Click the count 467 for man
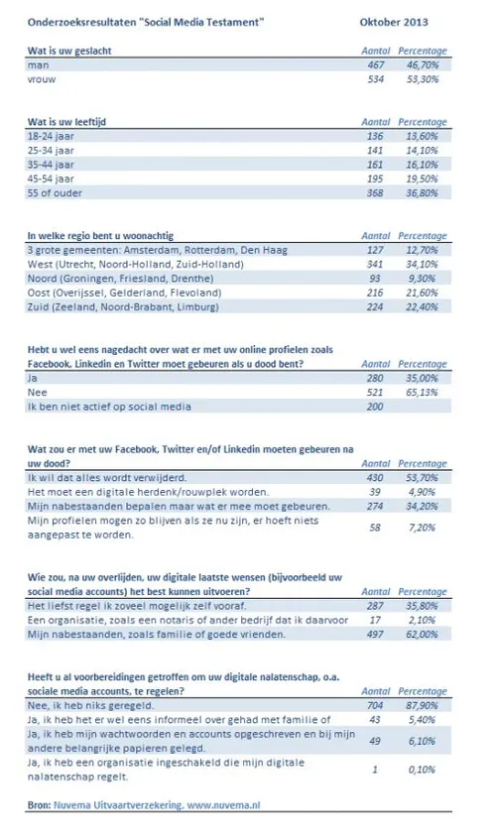pos(373,62)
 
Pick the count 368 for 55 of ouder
pos(373,193)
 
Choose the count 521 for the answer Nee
pos(373,392)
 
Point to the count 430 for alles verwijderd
pos(373,477)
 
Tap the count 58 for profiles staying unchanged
pos(375,526)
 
